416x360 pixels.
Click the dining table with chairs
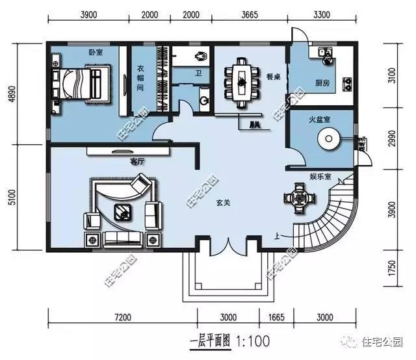pos(240,81)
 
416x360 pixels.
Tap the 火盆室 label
pos(321,120)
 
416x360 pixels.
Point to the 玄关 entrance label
pos(224,203)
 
